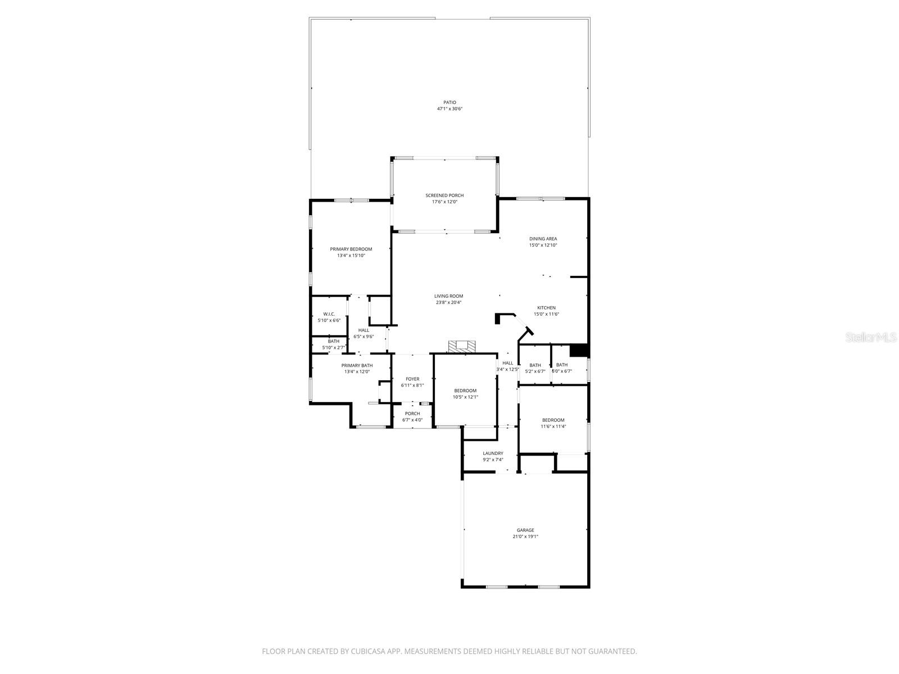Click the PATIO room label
(449, 102)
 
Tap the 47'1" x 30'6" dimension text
(449, 109)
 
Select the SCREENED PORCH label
(444, 195)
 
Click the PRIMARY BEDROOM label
(351, 249)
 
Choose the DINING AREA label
(543, 239)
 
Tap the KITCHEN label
(546, 308)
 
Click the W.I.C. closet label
(329, 314)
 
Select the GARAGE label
(525, 530)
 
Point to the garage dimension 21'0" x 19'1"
(525, 536)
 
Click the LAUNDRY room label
(493, 453)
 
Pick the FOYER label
(412, 379)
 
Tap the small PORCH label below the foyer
(412, 413)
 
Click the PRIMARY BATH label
(357, 365)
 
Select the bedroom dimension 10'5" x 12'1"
(465, 397)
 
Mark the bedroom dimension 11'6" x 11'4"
(553, 426)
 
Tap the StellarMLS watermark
(874, 337)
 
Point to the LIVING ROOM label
(448, 296)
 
